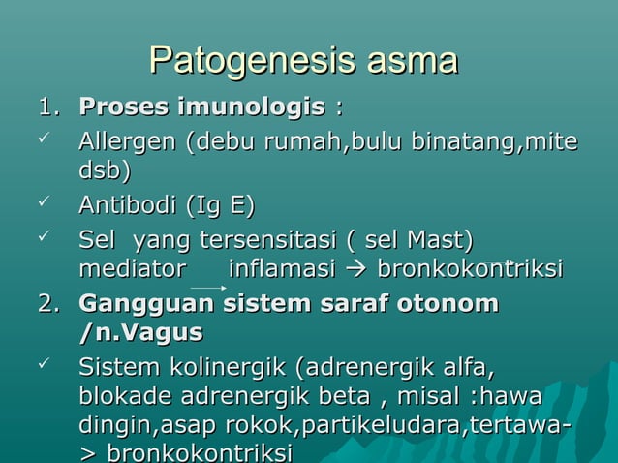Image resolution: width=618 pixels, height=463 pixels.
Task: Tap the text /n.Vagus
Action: tap(140, 332)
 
